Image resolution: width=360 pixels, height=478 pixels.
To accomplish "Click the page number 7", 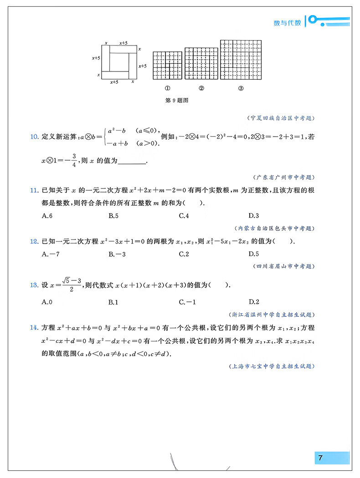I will [320, 458].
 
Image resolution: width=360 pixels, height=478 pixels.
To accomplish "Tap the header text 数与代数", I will [287, 23].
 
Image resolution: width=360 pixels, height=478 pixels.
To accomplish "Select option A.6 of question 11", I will [47, 216].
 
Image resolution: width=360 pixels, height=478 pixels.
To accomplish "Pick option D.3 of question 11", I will [254, 216].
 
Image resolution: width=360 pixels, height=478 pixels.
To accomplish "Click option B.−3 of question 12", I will [117, 254].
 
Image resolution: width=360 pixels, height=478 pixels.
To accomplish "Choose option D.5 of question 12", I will [254, 254].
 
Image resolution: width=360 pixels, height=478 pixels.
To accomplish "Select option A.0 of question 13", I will [47, 302].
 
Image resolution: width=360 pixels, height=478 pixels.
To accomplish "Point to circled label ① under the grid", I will [167, 89].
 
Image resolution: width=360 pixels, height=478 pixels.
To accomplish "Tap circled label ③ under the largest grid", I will [241, 89].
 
